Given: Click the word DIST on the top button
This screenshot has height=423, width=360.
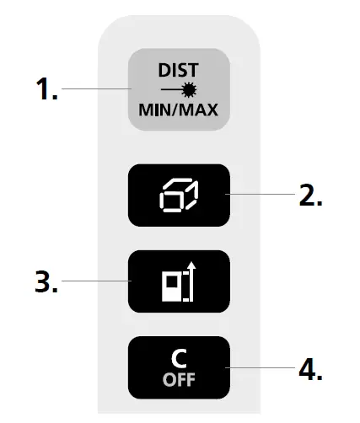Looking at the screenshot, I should coord(177,72).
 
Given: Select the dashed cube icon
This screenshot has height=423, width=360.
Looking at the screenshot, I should coord(178,195).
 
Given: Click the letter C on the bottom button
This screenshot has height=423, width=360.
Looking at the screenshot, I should coord(177,356).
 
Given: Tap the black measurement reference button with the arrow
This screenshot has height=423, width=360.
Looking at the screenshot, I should coord(178,281).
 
